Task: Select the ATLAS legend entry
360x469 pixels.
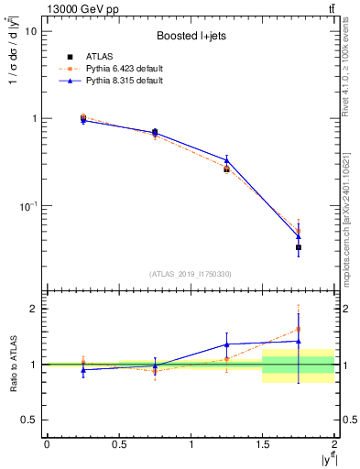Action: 82,57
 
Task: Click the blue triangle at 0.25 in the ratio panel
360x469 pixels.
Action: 83,369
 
